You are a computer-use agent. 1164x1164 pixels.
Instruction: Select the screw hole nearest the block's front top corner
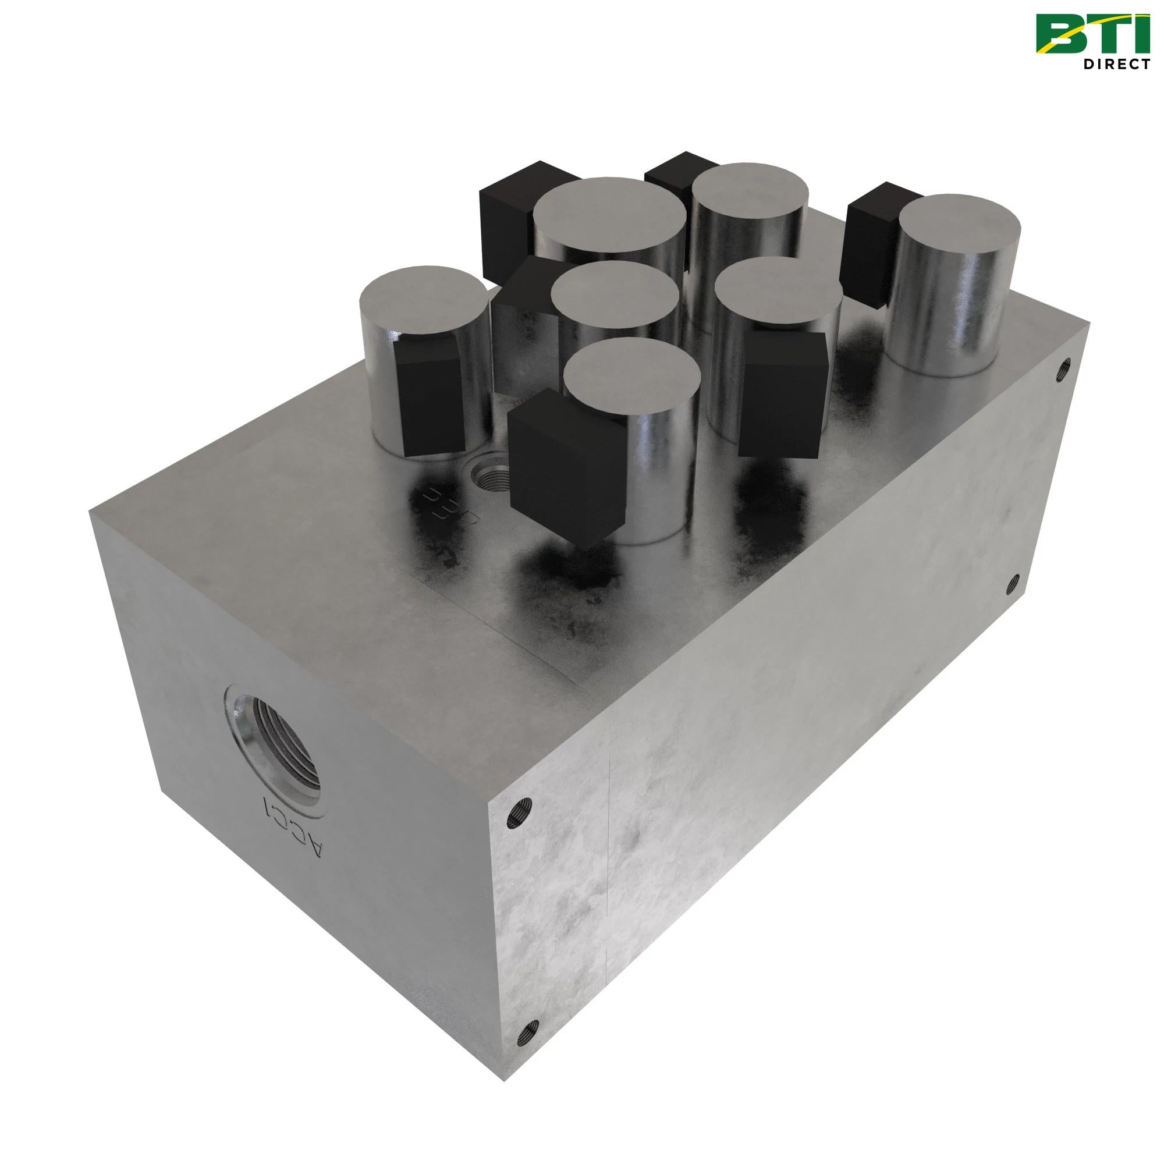519,691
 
